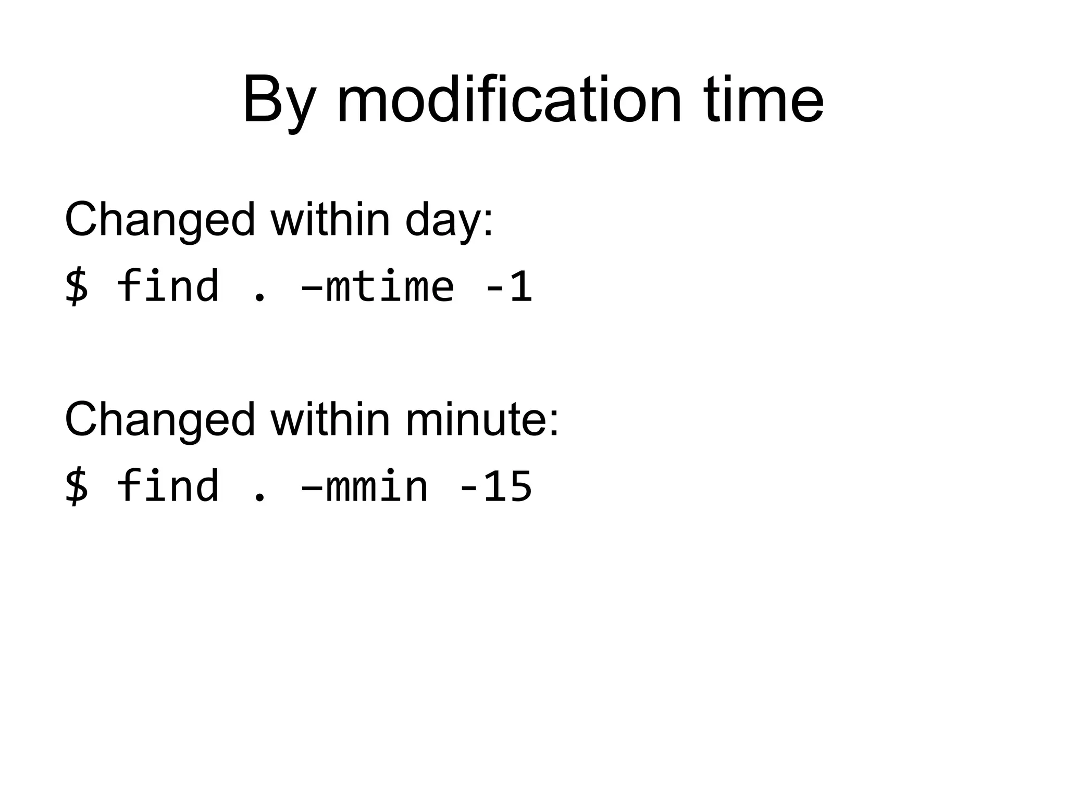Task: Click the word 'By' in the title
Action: [279, 100]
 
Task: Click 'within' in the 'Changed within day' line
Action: [330, 219]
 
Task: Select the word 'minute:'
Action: [482, 419]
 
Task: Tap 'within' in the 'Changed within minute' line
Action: [330, 419]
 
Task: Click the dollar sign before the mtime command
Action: [77, 286]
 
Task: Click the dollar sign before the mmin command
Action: [77, 486]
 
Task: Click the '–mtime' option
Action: [378, 287]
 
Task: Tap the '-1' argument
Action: [508, 287]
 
